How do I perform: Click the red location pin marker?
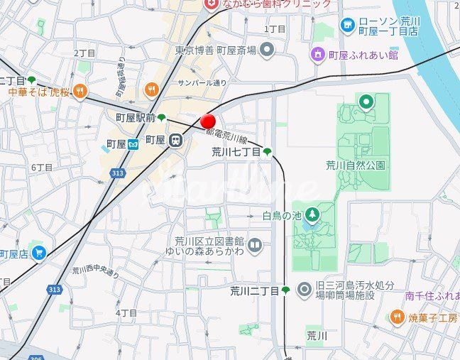pyautogui.click(x=208, y=121)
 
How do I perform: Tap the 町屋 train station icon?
pyautogui.click(x=174, y=141)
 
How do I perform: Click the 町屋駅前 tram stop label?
pyautogui.click(x=135, y=118)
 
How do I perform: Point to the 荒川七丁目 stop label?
pyautogui.click(x=236, y=152)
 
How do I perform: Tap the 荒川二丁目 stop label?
pyautogui.click(x=255, y=290)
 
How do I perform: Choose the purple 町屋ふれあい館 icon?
pyautogui.click(x=318, y=54)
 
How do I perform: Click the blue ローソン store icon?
pyautogui.click(x=347, y=26)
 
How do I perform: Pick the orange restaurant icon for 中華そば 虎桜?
pyautogui.click(x=81, y=92)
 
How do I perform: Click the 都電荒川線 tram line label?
pyautogui.click(x=226, y=136)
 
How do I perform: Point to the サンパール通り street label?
pyautogui.click(x=202, y=83)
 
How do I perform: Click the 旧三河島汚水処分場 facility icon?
pyautogui.click(x=305, y=290)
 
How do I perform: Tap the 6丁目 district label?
pyautogui.click(x=42, y=168)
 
